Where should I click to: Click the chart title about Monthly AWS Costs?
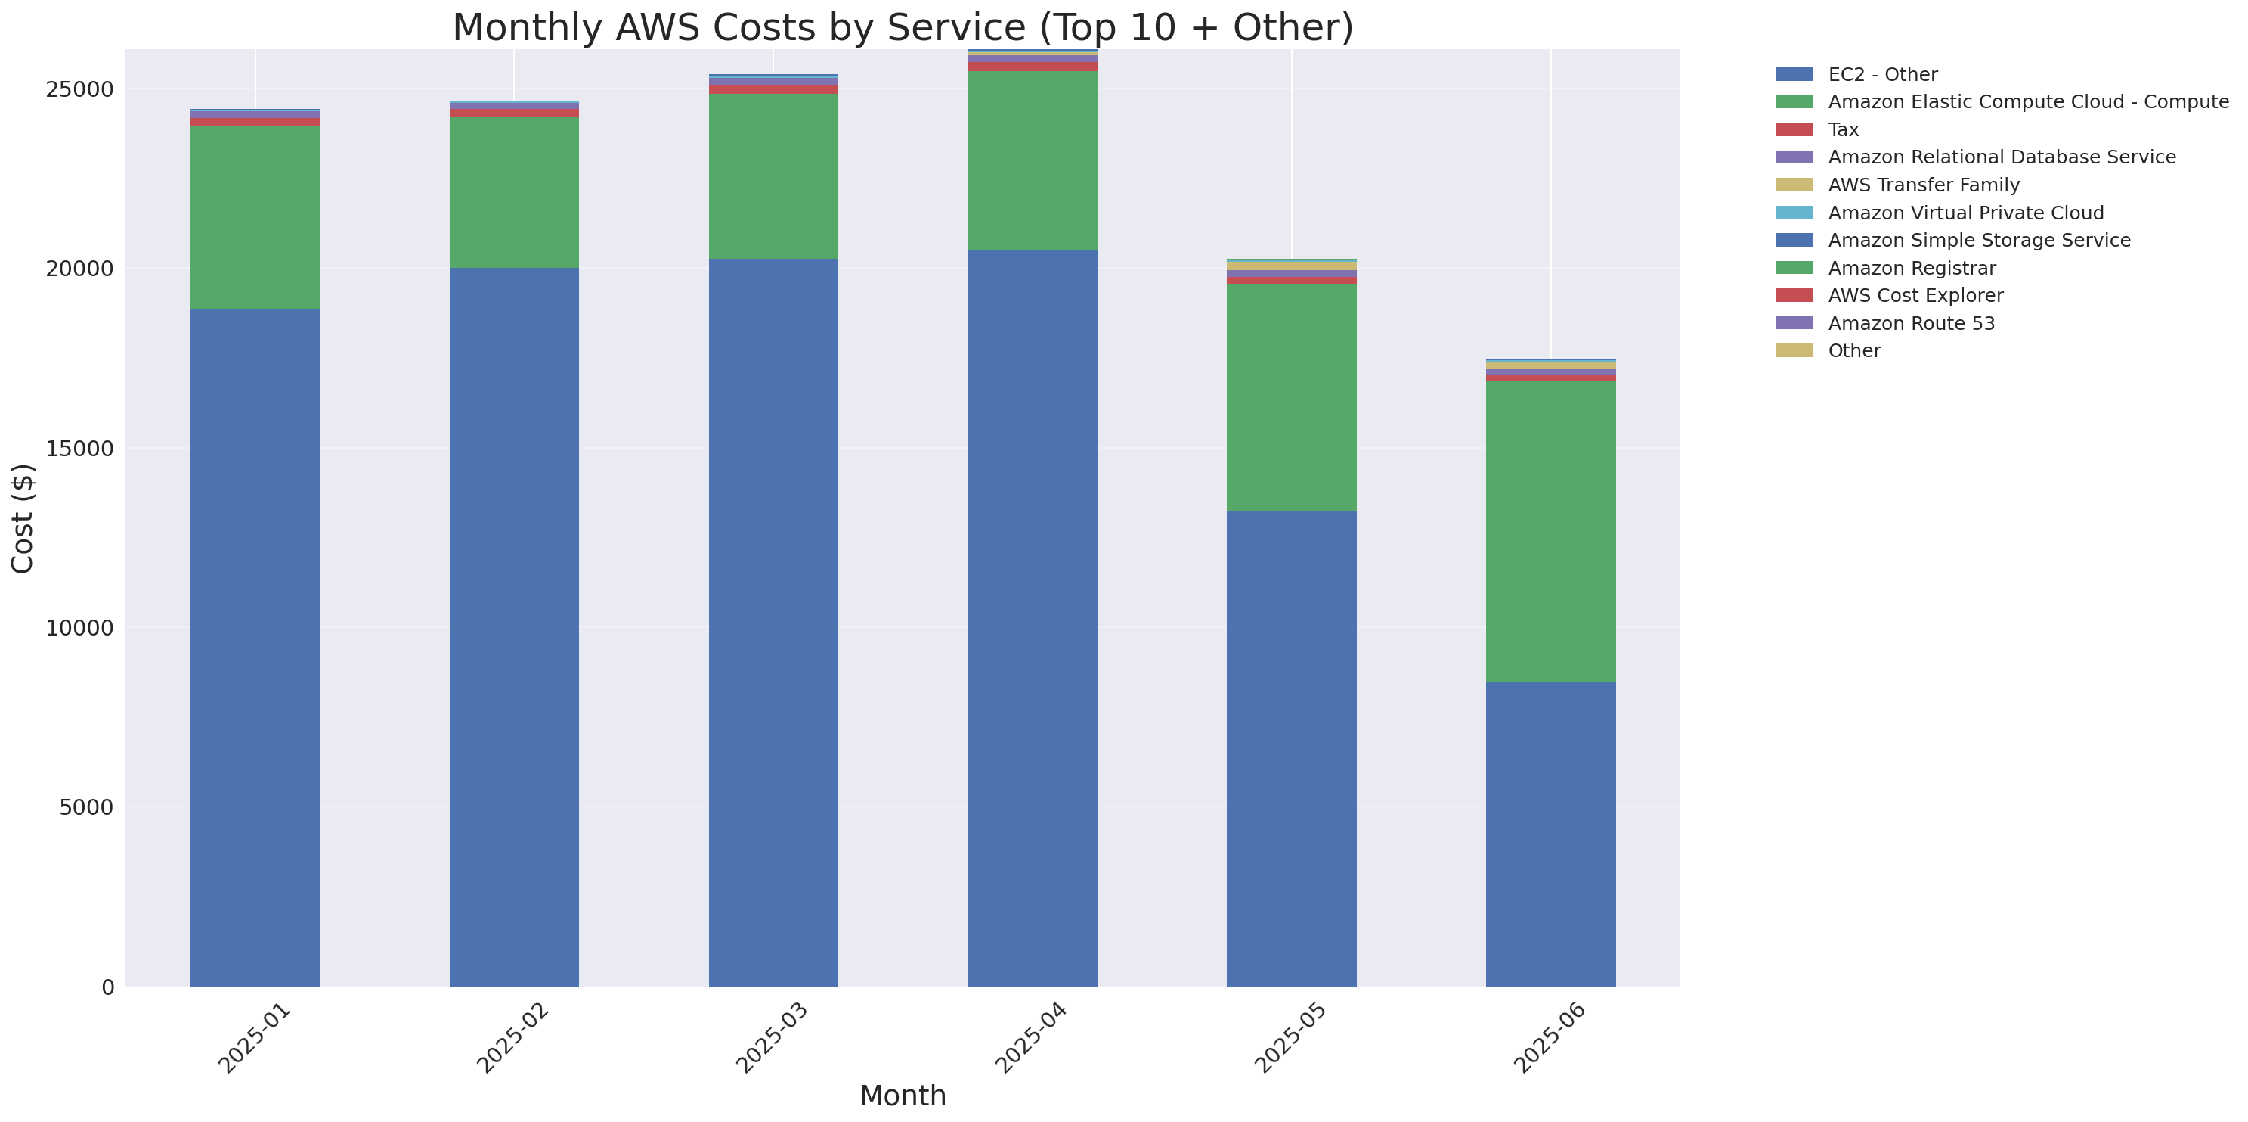pyautogui.click(x=903, y=27)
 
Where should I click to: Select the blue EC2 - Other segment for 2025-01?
pyautogui.click(x=255, y=647)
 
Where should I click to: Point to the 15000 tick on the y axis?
pyautogui.click(x=79, y=449)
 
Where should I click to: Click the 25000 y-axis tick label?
pyautogui.click(x=79, y=90)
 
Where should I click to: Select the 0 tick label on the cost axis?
pyautogui.click(x=107, y=987)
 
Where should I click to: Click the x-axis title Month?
pyautogui.click(x=903, y=1095)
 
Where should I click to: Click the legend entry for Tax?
pyautogui.click(x=1843, y=129)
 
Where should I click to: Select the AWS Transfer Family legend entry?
pyautogui.click(x=1924, y=185)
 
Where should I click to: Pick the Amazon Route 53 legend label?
pyautogui.click(x=1911, y=323)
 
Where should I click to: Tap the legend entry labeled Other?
pyautogui.click(x=1853, y=350)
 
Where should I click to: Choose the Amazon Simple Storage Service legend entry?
pyautogui.click(x=1978, y=240)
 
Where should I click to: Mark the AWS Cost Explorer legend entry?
pyautogui.click(x=1915, y=295)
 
